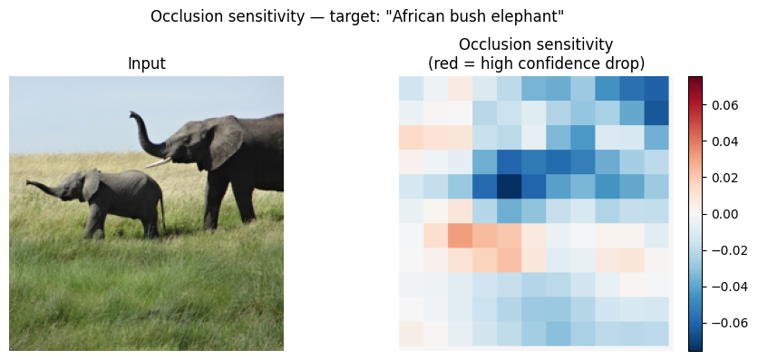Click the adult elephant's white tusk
click(x=158, y=162)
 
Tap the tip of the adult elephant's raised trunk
click(x=131, y=114)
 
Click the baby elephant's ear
click(x=91, y=184)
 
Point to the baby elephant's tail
click(x=162, y=211)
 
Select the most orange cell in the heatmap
click(x=461, y=236)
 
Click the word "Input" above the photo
click(x=147, y=63)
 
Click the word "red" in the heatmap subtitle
click(x=446, y=63)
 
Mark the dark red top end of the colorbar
click(x=695, y=78)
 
